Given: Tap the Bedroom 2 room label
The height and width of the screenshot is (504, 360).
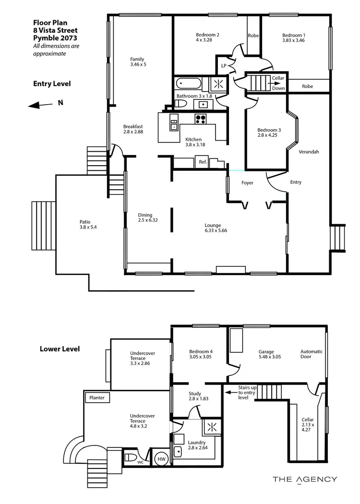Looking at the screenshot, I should click(x=207, y=35).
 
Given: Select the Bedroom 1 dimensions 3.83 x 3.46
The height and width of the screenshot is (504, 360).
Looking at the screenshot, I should click(x=293, y=41).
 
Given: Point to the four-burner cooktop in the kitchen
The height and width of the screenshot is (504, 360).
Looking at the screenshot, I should click(x=200, y=119).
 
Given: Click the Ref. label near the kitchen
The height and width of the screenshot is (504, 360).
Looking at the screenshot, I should click(x=203, y=162).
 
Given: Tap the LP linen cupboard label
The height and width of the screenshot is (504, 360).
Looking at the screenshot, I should click(x=223, y=65).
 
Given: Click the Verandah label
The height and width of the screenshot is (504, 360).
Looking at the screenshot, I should click(x=309, y=152).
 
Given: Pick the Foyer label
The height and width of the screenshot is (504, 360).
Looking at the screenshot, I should click(x=247, y=183).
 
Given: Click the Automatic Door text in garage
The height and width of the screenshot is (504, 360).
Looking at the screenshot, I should click(x=312, y=354).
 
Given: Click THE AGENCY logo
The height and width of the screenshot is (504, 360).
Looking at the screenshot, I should click(x=305, y=479).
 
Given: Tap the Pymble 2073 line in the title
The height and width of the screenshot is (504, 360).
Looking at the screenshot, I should click(x=54, y=37).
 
